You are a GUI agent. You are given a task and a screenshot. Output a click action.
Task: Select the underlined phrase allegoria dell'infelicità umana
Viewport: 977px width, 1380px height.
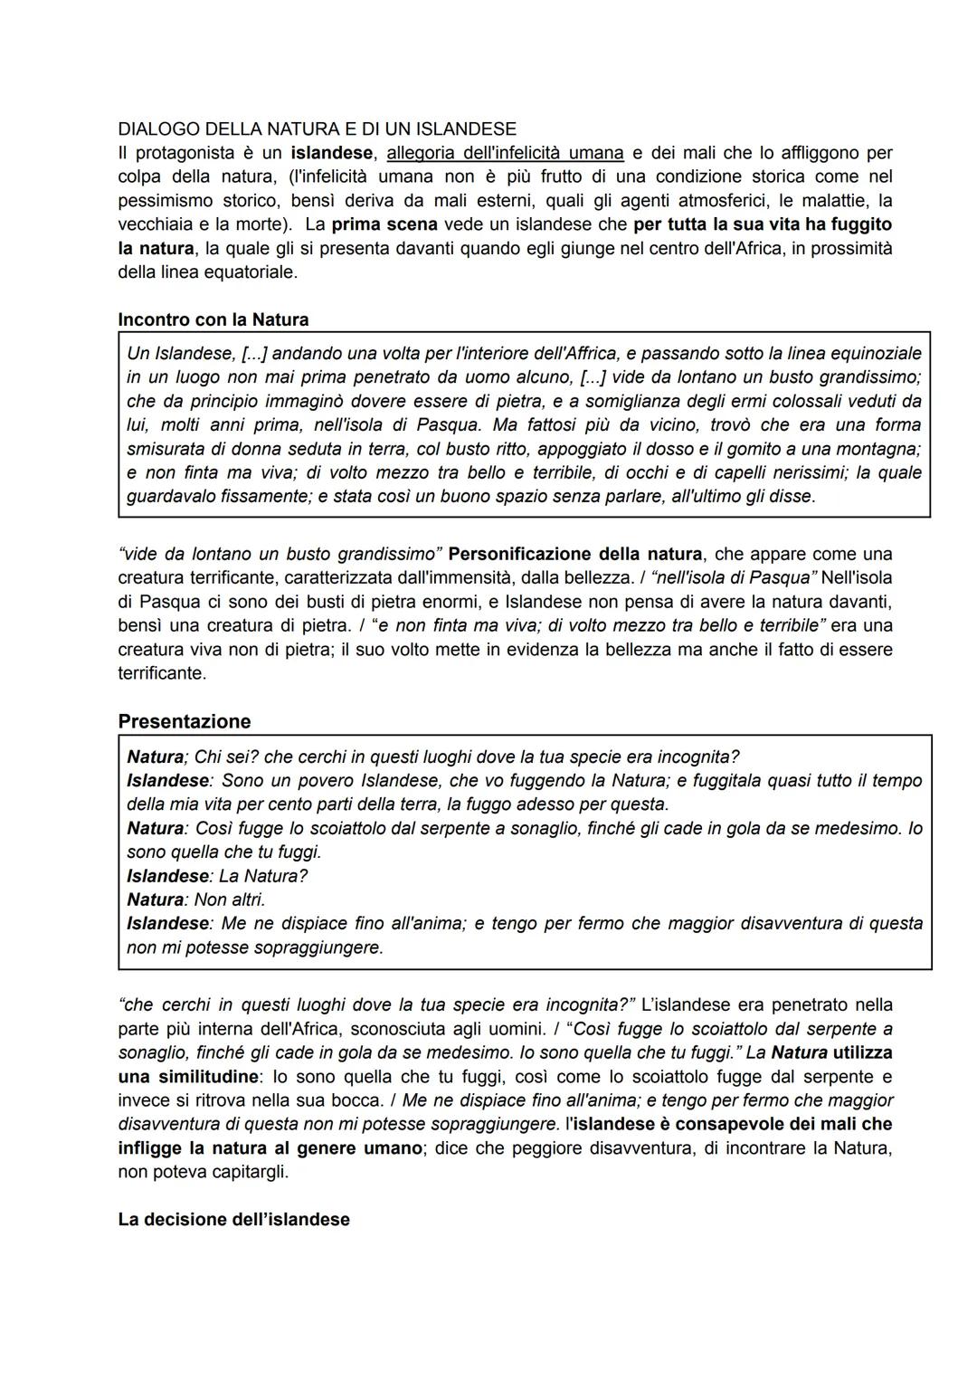(x=505, y=152)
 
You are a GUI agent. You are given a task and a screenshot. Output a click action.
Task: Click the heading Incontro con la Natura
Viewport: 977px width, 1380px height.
(x=213, y=319)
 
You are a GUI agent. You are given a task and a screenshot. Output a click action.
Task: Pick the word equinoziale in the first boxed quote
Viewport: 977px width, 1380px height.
(x=877, y=353)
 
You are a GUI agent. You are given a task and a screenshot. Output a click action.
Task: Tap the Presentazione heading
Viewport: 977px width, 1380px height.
(x=184, y=721)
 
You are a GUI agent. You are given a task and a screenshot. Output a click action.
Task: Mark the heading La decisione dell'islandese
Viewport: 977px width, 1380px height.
(x=233, y=1220)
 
